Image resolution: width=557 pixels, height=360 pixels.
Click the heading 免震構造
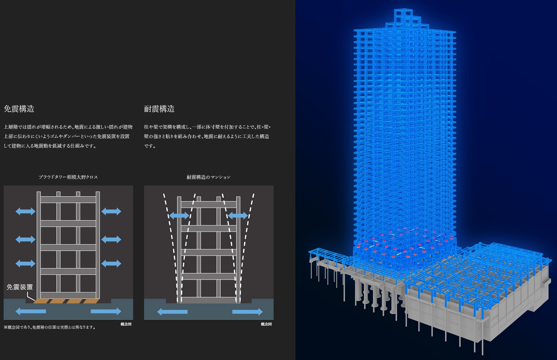pyautogui.click(x=19, y=109)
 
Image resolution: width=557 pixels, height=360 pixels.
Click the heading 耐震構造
pyautogui.click(x=159, y=109)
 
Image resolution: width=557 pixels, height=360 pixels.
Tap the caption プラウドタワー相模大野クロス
pyautogui.click(x=68, y=177)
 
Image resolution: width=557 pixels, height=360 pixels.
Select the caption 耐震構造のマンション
pyautogui.click(x=208, y=177)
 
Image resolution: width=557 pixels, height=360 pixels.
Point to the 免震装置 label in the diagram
pyautogui.click(x=20, y=287)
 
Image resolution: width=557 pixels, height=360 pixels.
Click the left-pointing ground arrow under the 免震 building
pyautogui.click(x=31, y=311)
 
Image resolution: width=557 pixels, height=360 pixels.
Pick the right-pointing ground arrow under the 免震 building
pyautogui.click(x=106, y=311)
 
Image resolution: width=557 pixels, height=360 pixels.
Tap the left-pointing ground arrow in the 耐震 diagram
pyautogui.click(x=172, y=312)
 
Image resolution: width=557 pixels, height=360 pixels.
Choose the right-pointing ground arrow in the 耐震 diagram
pyautogui.click(x=247, y=312)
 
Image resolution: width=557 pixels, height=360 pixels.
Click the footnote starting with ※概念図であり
pyautogui.click(x=50, y=327)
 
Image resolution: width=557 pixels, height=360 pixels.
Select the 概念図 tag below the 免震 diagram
pyautogui.click(x=126, y=324)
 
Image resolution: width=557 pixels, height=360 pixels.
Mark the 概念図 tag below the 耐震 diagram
pyautogui.click(x=266, y=324)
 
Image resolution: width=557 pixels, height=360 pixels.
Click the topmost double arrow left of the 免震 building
pyautogui.click(x=25, y=211)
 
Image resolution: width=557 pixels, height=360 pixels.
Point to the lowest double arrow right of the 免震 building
pyautogui.click(x=111, y=263)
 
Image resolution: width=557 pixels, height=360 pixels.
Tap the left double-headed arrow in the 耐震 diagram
pyautogui.click(x=179, y=216)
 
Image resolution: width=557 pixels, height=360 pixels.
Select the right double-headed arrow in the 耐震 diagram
pyautogui.click(x=238, y=216)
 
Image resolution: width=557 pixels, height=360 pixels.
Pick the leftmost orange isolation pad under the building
pyautogui.click(x=40, y=301)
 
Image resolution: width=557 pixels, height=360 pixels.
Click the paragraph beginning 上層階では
pyautogui.click(x=68, y=136)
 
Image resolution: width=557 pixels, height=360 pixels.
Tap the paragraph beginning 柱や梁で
pyautogui.click(x=207, y=136)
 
